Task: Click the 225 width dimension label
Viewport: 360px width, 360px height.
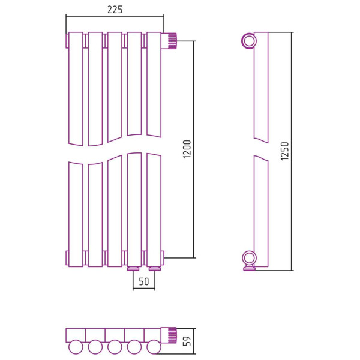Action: pyautogui.click(x=115, y=10)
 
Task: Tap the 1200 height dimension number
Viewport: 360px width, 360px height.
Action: pyautogui.click(x=187, y=149)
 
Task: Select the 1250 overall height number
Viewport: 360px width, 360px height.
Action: pyautogui.click(x=284, y=151)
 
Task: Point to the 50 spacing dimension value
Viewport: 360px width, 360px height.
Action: pyautogui.click(x=144, y=282)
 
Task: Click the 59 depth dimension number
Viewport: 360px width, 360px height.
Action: pyautogui.click(x=188, y=341)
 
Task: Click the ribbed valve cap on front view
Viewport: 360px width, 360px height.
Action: pyautogui.click(x=172, y=41)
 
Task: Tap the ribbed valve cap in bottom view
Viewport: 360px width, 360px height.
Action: pyautogui.click(x=172, y=335)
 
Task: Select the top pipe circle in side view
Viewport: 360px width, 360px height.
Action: pyautogui.click(x=249, y=41)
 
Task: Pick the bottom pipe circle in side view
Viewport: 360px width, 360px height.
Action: pyautogui.click(x=250, y=258)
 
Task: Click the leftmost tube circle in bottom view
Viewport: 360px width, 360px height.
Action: pyautogui.click(x=76, y=347)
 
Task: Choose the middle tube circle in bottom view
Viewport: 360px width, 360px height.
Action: pyautogui.click(x=115, y=347)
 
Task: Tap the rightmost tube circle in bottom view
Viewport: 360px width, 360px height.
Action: pyautogui.click(x=154, y=347)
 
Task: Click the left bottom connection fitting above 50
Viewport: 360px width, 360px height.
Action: pyautogui.click(x=133, y=268)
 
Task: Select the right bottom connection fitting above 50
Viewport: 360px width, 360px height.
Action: pyautogui.click(x=155, y=268)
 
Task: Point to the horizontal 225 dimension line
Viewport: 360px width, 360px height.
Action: pyautogui.click(x=115, y=16)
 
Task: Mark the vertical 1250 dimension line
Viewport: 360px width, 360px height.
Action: pyautogui.click(x=292, y=151)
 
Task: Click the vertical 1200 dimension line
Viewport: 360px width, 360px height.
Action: pyautogui.click(x=194, y=149)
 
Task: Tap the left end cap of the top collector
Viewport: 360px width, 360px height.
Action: pyautogui.click(x=67, y=41)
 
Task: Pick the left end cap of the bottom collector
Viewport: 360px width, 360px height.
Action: pyautogui.click(x=67, y=258)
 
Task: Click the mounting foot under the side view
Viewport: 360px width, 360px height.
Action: pyautogui.click(x=250, y=268)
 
